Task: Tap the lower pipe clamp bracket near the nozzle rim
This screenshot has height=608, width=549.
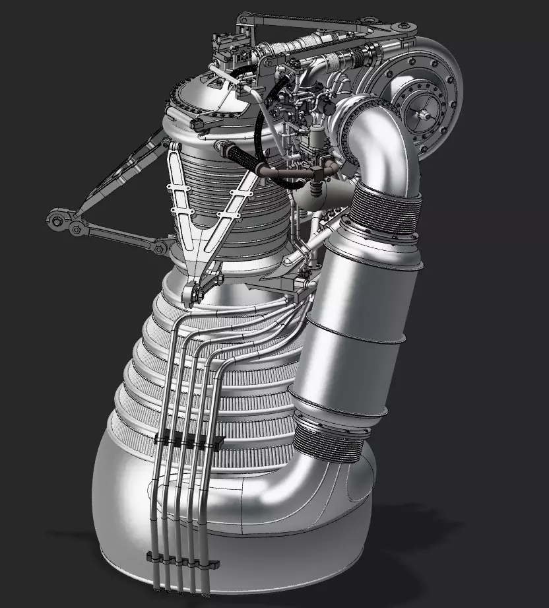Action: tap(181, 560)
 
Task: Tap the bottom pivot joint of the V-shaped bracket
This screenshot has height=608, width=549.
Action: tap(195, 290)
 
